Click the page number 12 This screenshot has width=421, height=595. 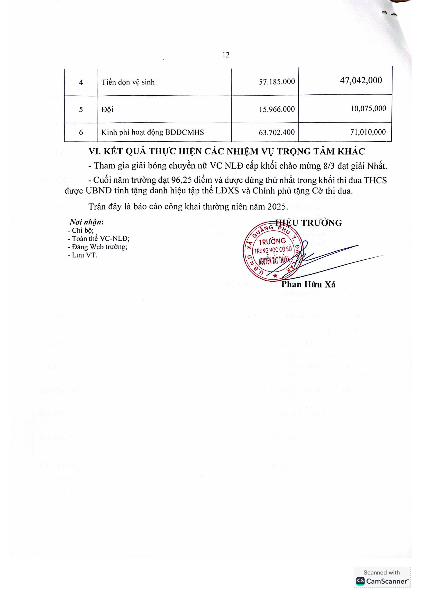[226, 55]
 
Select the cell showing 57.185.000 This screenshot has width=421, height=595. [277, 82]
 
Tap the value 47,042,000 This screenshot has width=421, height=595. [361, 81]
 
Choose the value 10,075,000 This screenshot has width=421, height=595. [368, 109]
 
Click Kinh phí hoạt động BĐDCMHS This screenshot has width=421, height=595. [152, 132]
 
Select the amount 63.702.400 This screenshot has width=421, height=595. [277, 132]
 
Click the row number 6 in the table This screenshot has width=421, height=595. [81, 132]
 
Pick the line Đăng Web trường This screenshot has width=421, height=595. [97, 247]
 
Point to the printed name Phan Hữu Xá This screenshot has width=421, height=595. [308, 284]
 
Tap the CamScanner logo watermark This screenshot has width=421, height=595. [382, 581]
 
